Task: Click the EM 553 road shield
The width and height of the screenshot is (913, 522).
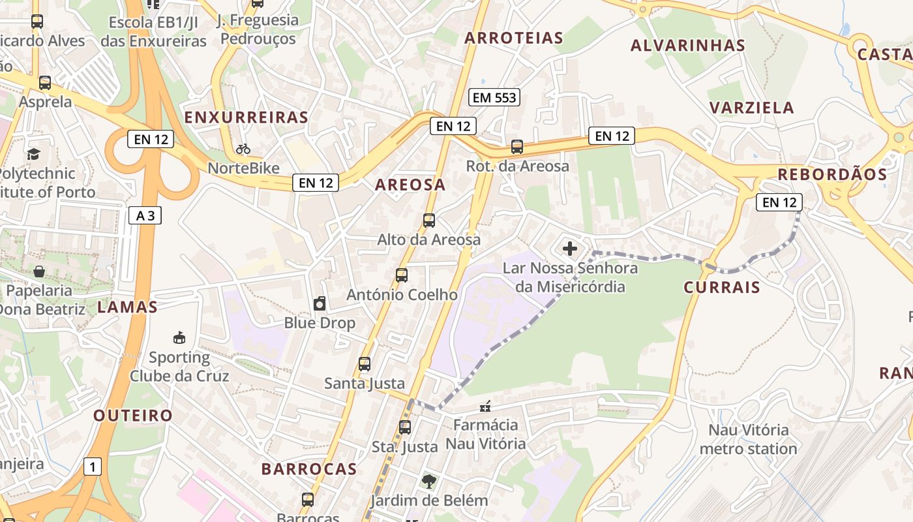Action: tap(494, 98)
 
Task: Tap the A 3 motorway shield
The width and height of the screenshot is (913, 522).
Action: tap(145, 215)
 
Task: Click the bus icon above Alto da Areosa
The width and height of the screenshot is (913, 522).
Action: tap(429, 221)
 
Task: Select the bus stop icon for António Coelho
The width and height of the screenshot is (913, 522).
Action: tap(402, 275)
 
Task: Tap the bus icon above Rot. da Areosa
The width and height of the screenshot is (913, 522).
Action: tap(517, 147)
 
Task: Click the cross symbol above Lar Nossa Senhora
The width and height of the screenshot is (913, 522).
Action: tap(570, 249)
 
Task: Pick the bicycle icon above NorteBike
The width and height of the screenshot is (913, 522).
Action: tap(243, 149)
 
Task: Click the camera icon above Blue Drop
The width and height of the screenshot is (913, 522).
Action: tap(320, 303)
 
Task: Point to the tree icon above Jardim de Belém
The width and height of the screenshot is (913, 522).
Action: tap(428, 482)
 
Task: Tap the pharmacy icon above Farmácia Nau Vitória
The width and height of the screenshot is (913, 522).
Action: tap(485, 407)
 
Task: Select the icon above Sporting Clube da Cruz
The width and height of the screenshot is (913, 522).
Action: tap(179, 337)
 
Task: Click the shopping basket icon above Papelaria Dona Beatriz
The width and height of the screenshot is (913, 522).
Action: tap(39, 271)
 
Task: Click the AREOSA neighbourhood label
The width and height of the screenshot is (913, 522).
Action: tap(410, 185)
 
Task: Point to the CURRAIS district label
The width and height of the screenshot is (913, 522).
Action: tap(722, 287)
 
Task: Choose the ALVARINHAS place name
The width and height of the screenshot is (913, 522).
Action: tap(687, 46)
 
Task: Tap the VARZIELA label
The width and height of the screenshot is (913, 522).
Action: tap(751, 108)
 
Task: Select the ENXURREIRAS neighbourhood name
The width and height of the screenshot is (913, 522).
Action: tap(246, 117)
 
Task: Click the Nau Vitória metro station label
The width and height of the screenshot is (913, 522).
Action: tap(748, 439)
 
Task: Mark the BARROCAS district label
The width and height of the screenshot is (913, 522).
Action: tap(309, 468)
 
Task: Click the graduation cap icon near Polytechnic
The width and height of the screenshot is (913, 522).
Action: tap(33, 154)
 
